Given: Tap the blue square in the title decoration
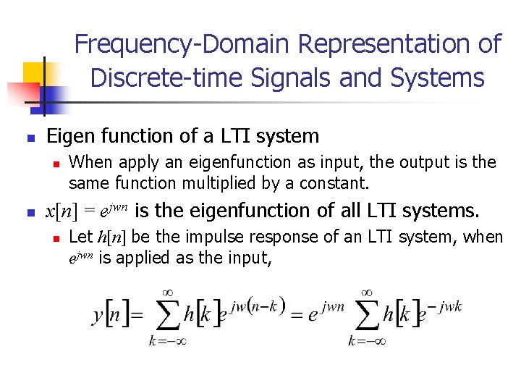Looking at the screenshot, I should (56, 96).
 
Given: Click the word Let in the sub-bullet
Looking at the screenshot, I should (80, 237).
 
